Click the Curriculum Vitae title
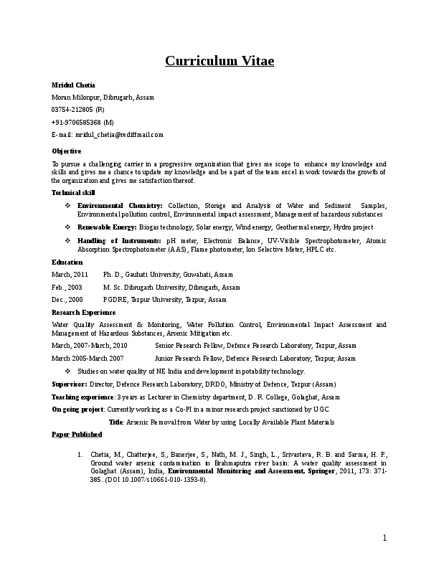(219, 60)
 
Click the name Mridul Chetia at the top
(73, 85)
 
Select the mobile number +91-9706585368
(72, 122)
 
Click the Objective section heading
(67, 151)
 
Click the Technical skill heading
(73, 193)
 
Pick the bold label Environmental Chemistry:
(120, 206)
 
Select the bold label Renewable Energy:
(107, 227)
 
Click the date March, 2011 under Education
(70, 275)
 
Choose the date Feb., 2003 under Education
(67, 287)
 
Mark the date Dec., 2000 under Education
(67, 299)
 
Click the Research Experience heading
(83, 313)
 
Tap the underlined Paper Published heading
(77, 435)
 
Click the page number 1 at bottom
(384, 539)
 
